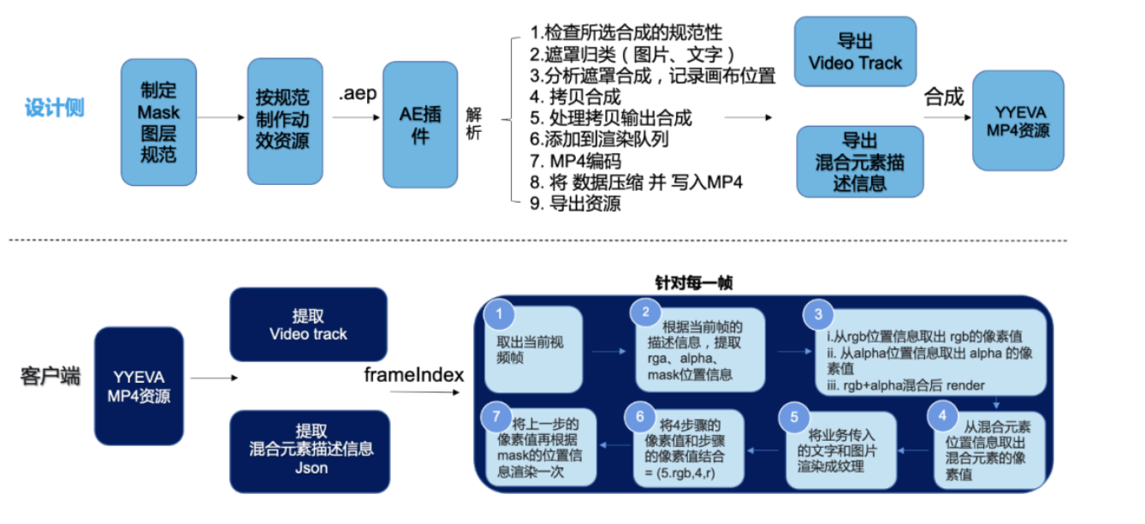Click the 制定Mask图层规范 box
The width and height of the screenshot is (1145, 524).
[158, 122]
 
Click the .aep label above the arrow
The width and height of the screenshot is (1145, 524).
[356, 93]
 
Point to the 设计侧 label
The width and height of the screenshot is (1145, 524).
[54, 109]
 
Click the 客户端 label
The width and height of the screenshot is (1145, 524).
[49, 376]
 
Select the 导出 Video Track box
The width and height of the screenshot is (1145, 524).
[855, 51]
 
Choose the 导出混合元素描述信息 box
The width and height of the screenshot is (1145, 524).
[860, 161]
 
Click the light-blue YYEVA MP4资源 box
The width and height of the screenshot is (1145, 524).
[1017, 122]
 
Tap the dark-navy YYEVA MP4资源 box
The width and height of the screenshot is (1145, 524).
[139, 386]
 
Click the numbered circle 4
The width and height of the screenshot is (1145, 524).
[942, 416]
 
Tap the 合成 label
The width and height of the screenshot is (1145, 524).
[944, 97]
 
